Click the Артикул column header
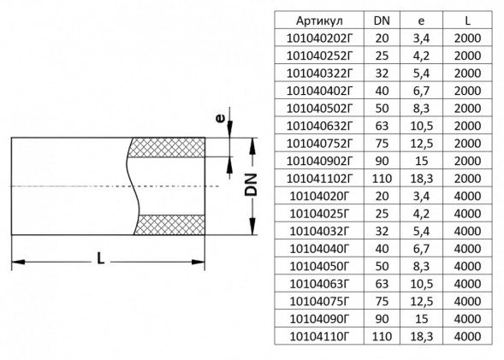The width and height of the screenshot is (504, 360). pyautogui.click(x=319, y=21)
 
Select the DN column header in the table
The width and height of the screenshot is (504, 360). pyautogui.click(x=382, y=21)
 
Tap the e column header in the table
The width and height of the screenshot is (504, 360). pyautogui.click(x=421, y=21)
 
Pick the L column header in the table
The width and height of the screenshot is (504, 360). pyautogui.click(x=467, y=21)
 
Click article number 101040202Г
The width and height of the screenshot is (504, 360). pyautogui.click(x=319, y=38)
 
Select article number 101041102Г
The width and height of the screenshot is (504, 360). pyautogui.click(x=319, y=179)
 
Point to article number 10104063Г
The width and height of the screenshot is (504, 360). pyautogui.click(x=319, y=284)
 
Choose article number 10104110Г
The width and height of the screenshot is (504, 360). pyautogui.click(x=319, y=337)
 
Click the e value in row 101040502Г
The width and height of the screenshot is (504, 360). pyautogui.click(x=421, y=109)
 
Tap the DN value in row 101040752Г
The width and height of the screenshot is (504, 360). pyautogui.click(x=382, y=144)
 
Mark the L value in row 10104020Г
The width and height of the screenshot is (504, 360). pyautogui.click(x=467, y=196)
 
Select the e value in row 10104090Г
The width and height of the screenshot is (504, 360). pyautogui.click(x=421, y=319)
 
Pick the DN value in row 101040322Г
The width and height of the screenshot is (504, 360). pyautogui.click(x=382, y=74)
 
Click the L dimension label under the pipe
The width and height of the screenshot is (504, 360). pyautogui.click(x=101, y=258)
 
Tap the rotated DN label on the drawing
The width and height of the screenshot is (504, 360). pyautogui.click(x=251, y=185)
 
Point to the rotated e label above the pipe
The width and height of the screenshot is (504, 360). pyautogui.click(x=220, y=119)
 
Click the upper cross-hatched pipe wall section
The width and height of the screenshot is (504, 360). pyautogui.click(x=167, y=147)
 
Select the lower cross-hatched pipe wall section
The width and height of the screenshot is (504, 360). pyautogui.click(x=169, y=225)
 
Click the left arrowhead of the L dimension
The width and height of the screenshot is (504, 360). pyautogui.click(x=18, y=262)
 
